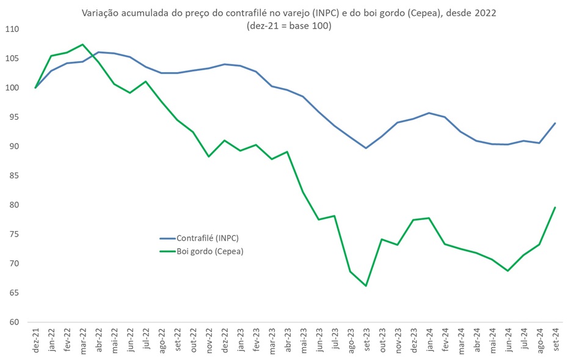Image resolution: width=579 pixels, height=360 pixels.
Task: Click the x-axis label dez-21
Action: pyautogui.click(x=36, y=338)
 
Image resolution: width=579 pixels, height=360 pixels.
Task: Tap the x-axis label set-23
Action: pyautogui.click(x=366, y=338)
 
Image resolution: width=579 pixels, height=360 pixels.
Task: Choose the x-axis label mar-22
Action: pyautogui.click(x=83, y=338)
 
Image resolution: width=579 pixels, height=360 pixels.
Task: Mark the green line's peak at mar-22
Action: pyautogui.click(x=83, y=45)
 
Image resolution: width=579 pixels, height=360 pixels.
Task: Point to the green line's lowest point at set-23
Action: pyautogui.click(x=366, y=285)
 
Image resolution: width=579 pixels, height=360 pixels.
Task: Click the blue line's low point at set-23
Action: pyautogui.click(x=366, y=148)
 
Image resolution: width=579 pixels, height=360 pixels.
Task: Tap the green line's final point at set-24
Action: pyautogui.click(x=555, y=207)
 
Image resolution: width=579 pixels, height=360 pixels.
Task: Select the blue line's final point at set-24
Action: pyautogui.click(x=555, y=123)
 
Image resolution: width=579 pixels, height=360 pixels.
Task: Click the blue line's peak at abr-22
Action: pyautogui.click(x=99, y=52)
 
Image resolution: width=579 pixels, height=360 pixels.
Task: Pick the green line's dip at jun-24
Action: pyautogui.click(x=508, y=271)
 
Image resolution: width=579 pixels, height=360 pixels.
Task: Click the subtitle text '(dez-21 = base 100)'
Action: pyautogui.click(x=289, y=26)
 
